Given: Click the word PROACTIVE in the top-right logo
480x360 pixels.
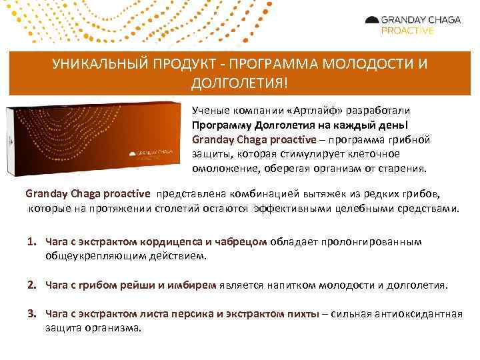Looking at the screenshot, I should point(407,31).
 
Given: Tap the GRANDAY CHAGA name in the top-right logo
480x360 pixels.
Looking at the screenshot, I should point(420,20).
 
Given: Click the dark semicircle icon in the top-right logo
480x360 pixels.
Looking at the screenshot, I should point(371,21).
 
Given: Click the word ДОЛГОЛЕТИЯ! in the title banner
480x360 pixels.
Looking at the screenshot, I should point(240,84).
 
